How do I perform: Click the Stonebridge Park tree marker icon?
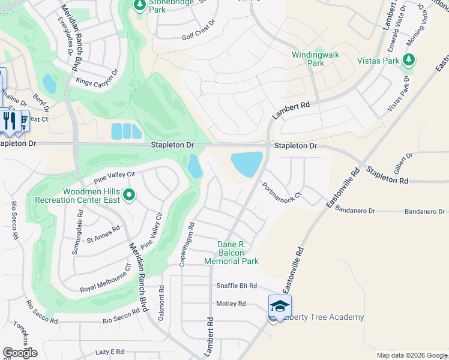[140, 6]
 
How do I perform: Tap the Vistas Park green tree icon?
[409, 59]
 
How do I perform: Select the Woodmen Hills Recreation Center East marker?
[128, 195]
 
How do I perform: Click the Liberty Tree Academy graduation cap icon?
[280, 306]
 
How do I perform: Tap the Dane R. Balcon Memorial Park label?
[231, 253]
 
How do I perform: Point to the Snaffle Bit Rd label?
[237, 286]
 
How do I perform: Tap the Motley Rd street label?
[231, 304]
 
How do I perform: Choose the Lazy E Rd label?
[109, 352]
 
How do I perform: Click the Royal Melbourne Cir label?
[106, 280]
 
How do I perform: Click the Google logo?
[20, 353]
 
